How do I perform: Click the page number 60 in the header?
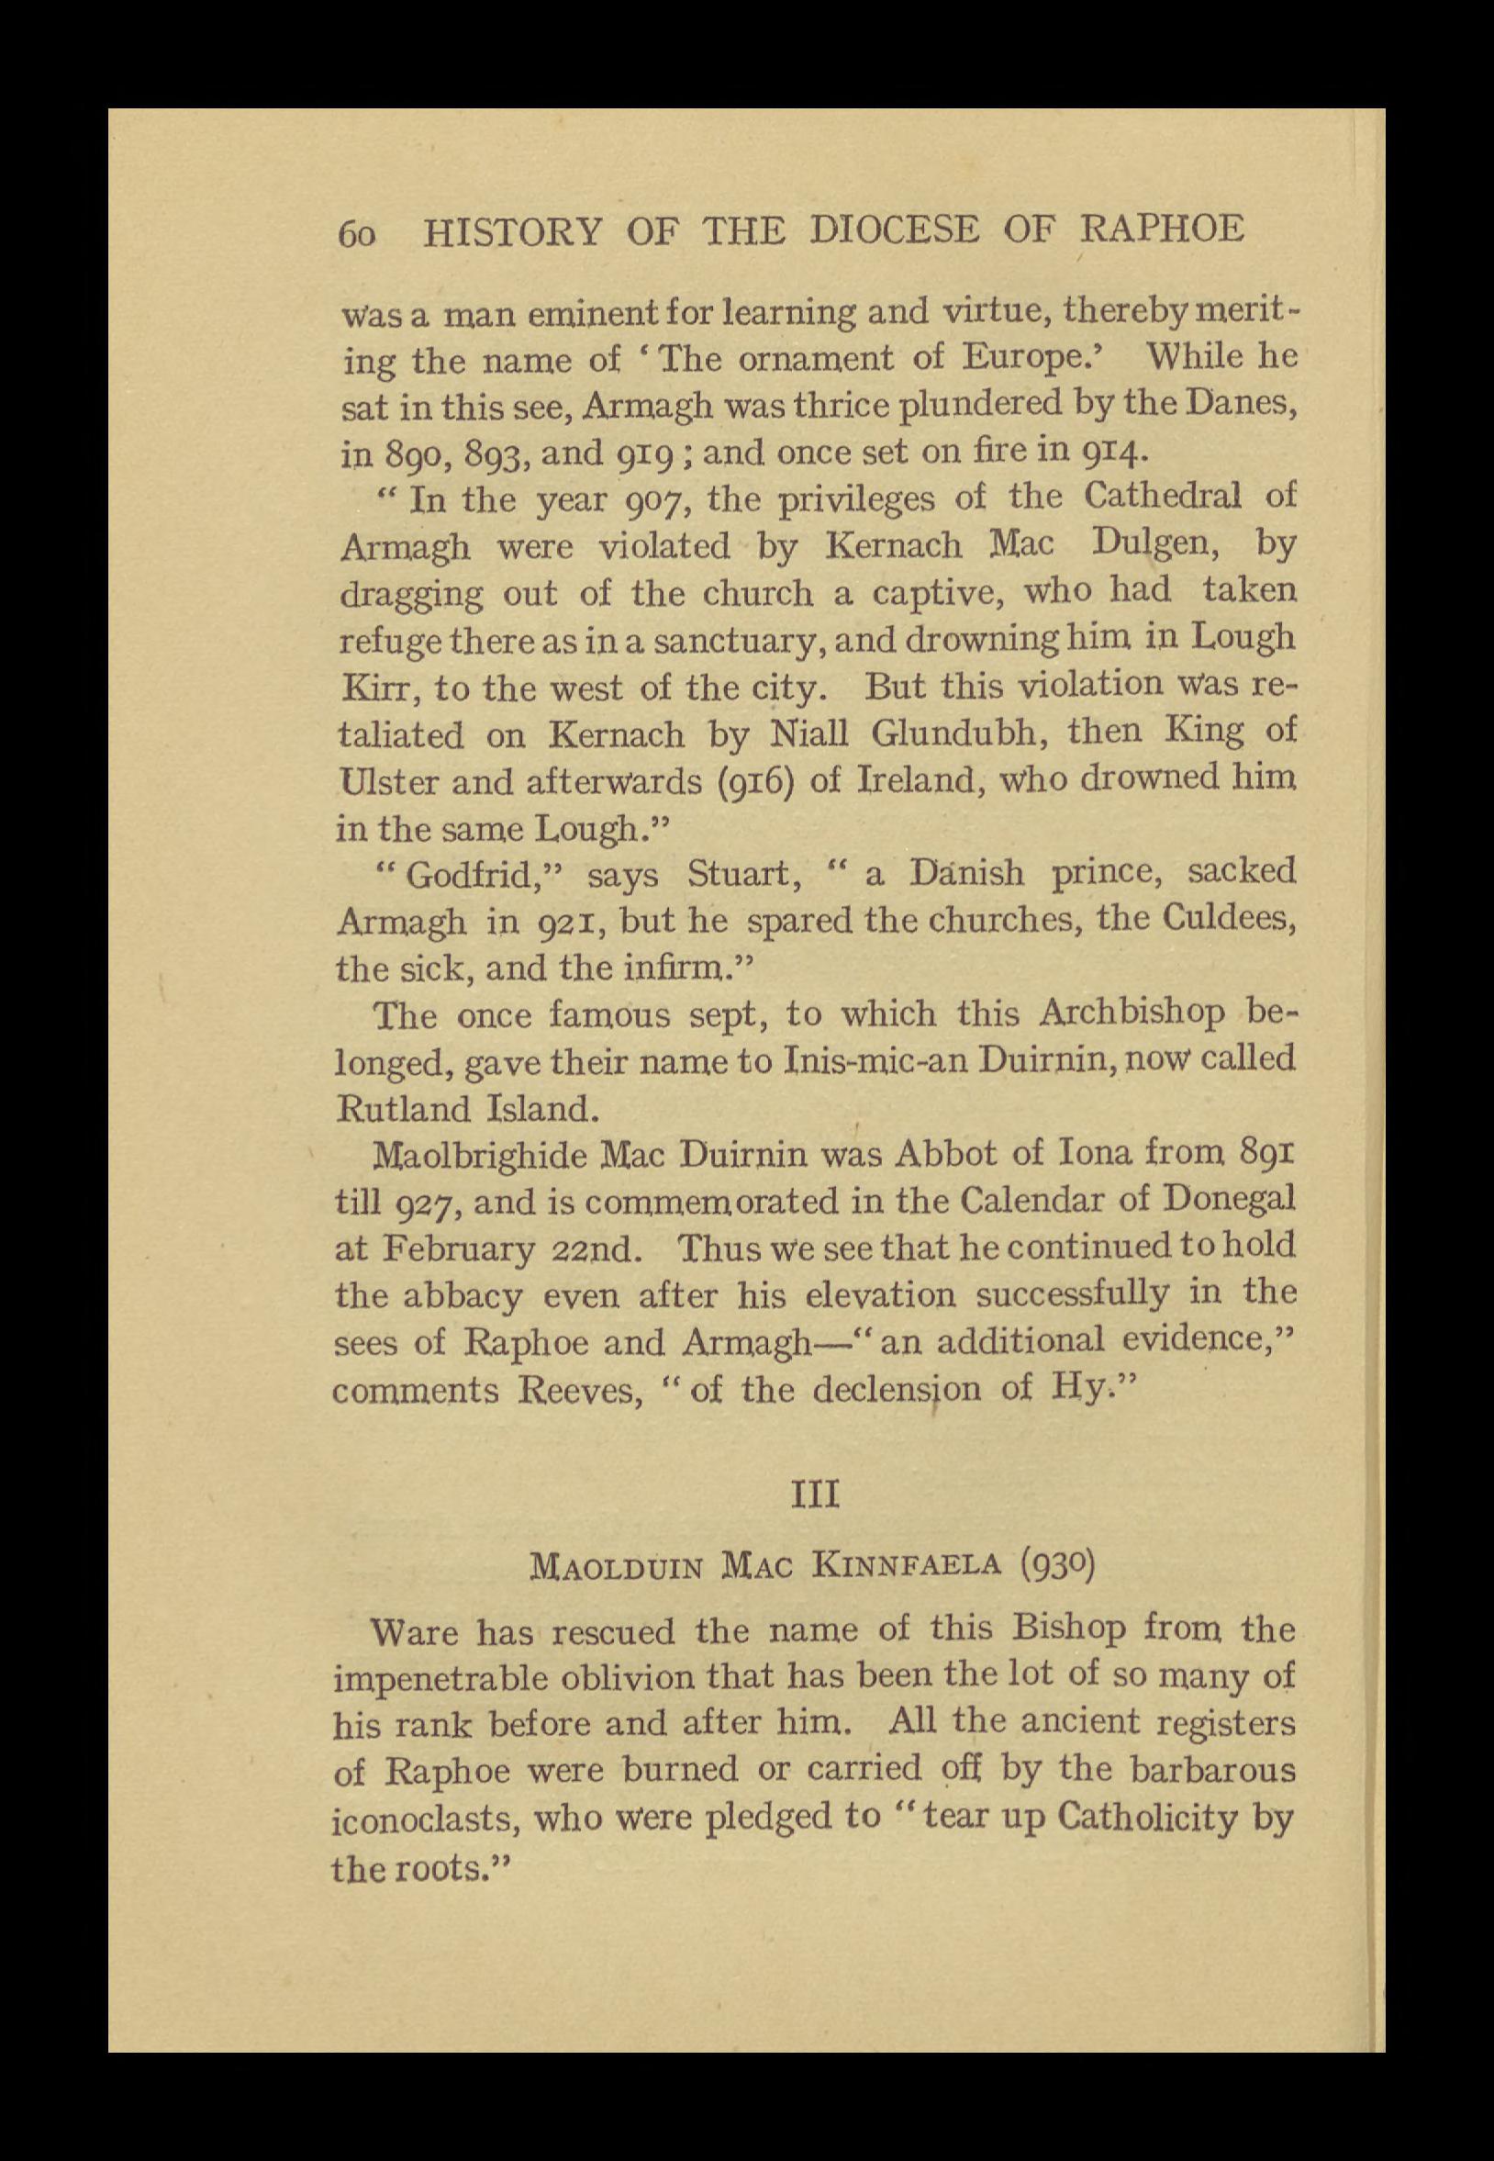pyautogui.click(x=357, y=233)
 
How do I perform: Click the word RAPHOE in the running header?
pyautogui.click(x=1163, y=230)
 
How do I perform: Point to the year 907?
pyautogui.click(x=658, y=499)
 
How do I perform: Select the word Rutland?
pyautogui.click(x=404, y=1110)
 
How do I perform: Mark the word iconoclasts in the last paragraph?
pyautogui.click(x=423, y=1820)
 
